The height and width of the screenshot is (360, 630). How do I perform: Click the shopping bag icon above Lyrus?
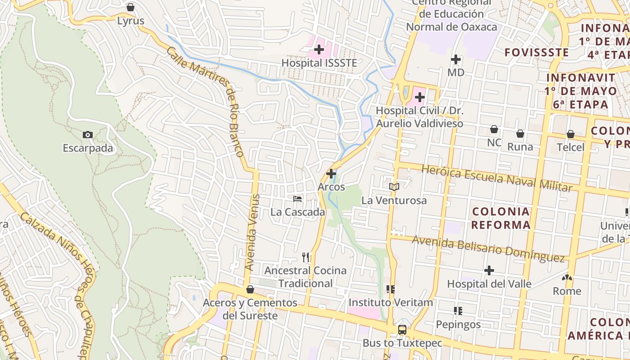pyautogui.click(x=130, y=8)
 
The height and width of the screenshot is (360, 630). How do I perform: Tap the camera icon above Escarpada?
pyautogui.click(x=88, y=135)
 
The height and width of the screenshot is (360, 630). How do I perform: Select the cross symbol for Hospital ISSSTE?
pyautogui.click(x=319, y=49)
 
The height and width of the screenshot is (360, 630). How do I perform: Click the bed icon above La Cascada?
pyautogui.click(x=297, y=198)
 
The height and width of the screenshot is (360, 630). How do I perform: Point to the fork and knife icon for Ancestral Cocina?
pyautogui.click(x=306, y=257)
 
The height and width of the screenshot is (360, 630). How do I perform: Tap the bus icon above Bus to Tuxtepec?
pyautogui.click(x=402, y=330)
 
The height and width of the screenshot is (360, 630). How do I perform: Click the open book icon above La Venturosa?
pyautogui.click(x=394, y=187)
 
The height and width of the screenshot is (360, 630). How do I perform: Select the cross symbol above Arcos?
pyautogui.click(x=331, y=173)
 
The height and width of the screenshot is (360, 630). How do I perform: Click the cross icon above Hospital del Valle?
pyautogui.click(x=489, y=270)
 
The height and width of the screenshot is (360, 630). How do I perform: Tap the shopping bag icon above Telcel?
pyautogui.click(x=571, y=134)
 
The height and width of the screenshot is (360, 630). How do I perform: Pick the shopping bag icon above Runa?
pyautogui.click(x=520, y=134)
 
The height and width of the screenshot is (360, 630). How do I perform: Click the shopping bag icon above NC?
pyautogui.click(x=494, y=129)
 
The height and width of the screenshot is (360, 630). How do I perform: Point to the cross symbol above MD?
pyautogui.click(x=456, y=59)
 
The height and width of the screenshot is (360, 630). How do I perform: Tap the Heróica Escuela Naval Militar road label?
pyautogui.click(x=497, y=178)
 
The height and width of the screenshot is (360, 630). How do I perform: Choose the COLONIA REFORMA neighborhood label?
pyautogui.click(x=500, y=218)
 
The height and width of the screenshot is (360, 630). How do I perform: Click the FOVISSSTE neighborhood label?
pyautogui.click(x=536, y=53)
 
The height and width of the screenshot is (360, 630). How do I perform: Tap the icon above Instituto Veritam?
pyautogui.click(x=390, y=289)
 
